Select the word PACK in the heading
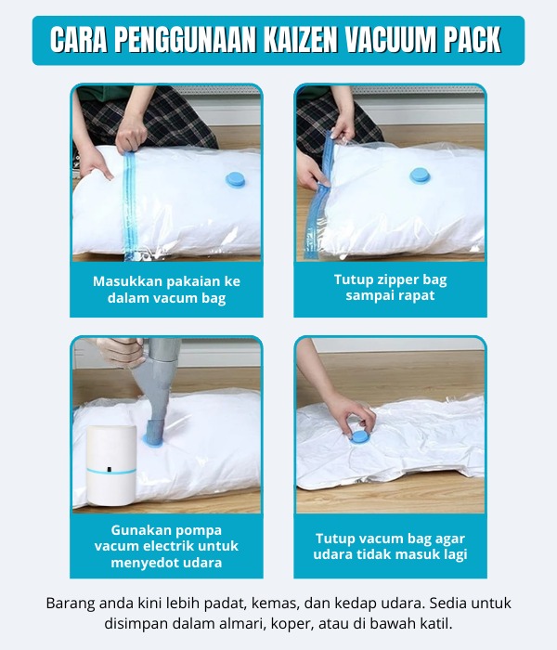472,40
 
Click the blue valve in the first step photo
236,179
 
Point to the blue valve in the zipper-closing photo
420,175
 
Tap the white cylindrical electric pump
111,465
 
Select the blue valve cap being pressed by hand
359,436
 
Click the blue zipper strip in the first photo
130,205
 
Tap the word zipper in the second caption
386,279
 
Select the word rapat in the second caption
416,295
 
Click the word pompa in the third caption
201,530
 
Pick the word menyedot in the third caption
143,563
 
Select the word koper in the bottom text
288,624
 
